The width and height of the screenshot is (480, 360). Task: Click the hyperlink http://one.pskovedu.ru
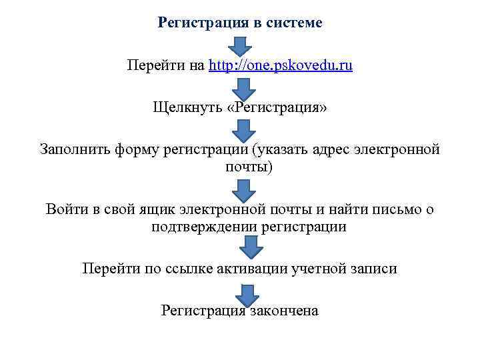(281, 66)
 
